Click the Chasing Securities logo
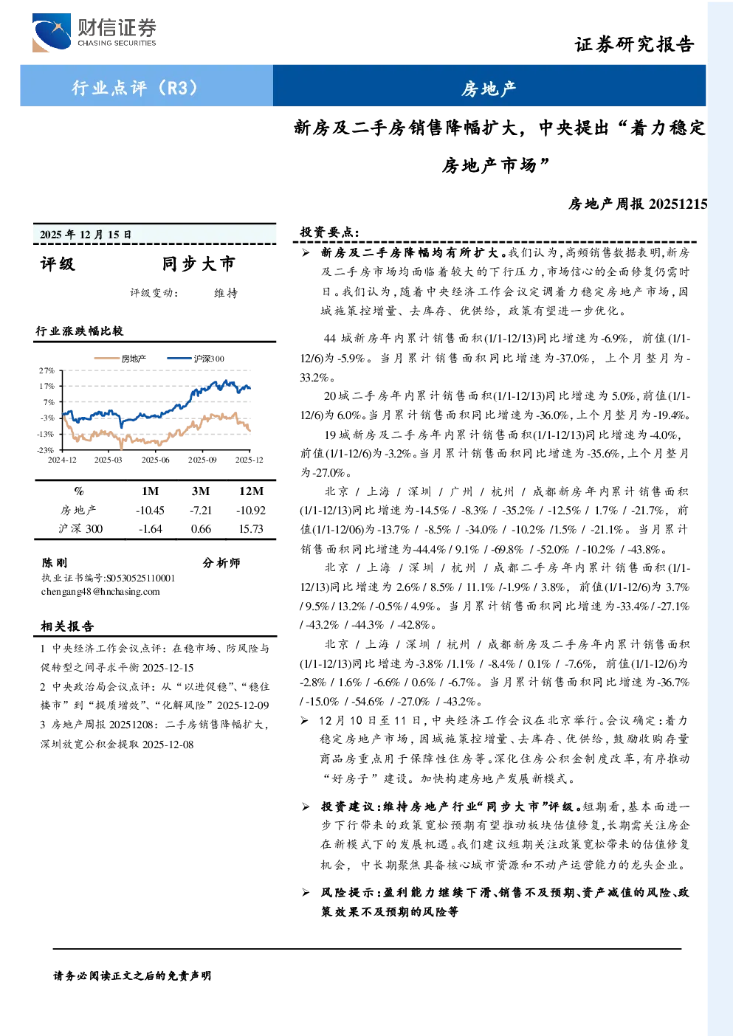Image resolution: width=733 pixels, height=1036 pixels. tap(94, 32)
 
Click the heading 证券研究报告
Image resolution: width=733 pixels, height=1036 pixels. tap(634, 44)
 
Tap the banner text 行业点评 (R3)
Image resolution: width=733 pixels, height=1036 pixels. tap(134, 87)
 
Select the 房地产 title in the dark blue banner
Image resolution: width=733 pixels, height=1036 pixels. tap(488, 89)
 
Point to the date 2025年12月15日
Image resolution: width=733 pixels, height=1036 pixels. tap(86, 235)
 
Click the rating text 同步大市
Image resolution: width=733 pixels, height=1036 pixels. tap(199, 263)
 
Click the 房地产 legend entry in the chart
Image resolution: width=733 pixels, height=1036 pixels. tap(120, 359)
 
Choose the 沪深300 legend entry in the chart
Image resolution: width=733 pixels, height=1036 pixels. tap(196, 359)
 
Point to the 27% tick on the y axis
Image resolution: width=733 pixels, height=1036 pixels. tap(47, 370)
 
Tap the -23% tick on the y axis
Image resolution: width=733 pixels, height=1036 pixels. tap(46, 450)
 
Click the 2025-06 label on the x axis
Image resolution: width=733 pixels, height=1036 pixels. tap(156, 460)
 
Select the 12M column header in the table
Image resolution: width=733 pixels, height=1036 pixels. tap(251, 491)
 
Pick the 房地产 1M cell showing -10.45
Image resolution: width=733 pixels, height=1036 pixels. tap(150, 511)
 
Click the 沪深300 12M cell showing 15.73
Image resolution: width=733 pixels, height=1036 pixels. tap(251, 529)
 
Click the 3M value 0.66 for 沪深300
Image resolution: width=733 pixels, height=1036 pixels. tap(201, 529)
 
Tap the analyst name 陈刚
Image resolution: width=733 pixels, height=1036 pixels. tap(55, 563)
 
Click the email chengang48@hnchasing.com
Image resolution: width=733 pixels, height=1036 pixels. tap(100, 592)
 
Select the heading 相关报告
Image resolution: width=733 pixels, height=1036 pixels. tap(67, 626)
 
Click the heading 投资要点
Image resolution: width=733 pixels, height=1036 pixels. tap(329, 232)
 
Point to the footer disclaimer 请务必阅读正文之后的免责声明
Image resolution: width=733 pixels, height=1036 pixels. tap(132, 976)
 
